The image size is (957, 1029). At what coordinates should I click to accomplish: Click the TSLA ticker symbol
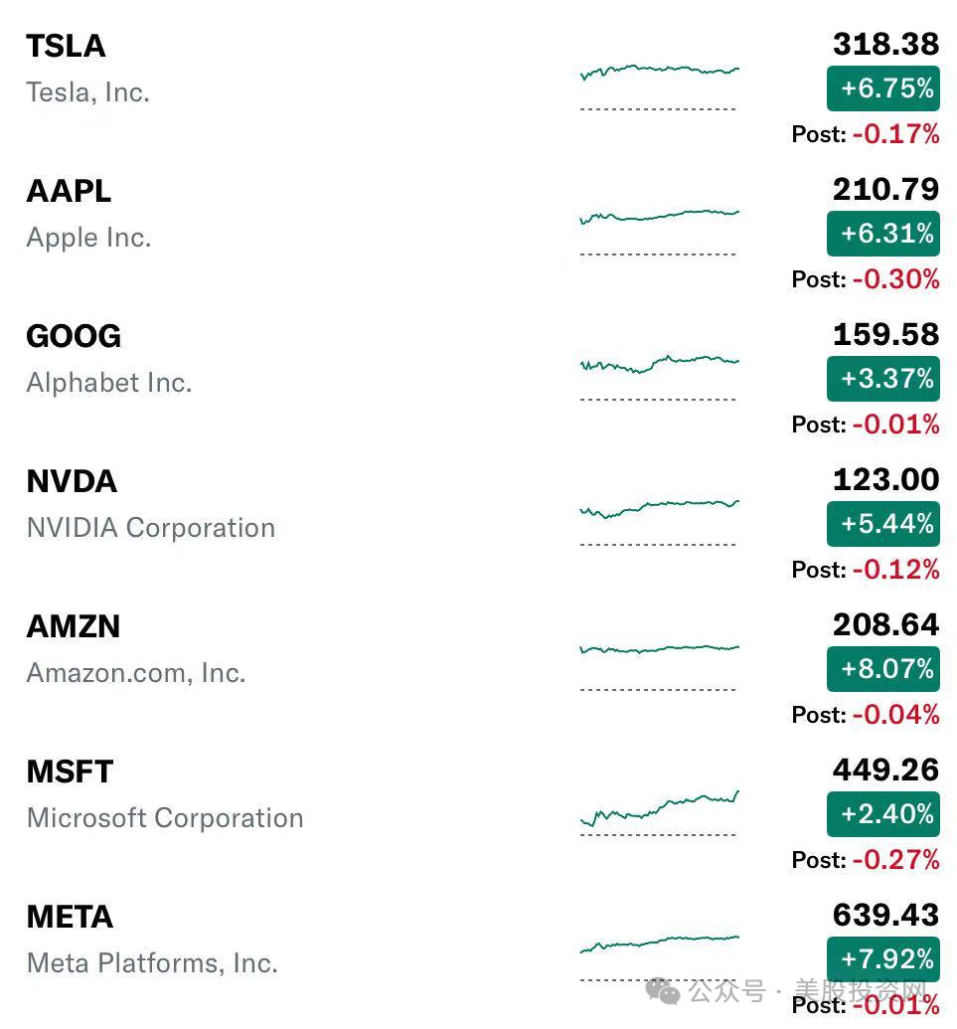click(x=66, y=46)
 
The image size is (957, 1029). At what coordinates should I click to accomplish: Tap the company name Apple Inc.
click(x=88, y=238)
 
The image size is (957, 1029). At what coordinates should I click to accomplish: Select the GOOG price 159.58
click(x=885, y=334)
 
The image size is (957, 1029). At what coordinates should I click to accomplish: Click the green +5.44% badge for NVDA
click(x=883, y=523)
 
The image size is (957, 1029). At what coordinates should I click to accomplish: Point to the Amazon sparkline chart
click(x=659, y=650)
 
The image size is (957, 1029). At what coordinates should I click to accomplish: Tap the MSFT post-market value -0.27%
click(x=895, y=859)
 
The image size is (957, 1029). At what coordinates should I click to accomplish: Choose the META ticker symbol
click(x=70, y=917)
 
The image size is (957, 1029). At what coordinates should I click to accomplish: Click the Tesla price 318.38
click(x=885, y=44)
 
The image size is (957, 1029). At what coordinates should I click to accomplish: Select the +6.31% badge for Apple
click(x=883, y=234)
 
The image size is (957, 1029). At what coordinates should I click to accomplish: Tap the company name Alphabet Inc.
click(x=109, y=383)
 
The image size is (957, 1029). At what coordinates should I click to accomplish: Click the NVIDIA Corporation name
click(x=151, y=528)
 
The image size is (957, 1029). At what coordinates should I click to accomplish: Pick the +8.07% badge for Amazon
click(x=883, y=668)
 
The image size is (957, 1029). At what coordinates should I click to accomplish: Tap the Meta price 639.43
click(x=885, y=915)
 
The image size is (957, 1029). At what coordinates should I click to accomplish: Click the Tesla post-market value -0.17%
click(x=895, y=133)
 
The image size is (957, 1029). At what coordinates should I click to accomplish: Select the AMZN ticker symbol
click(x=74, y=626)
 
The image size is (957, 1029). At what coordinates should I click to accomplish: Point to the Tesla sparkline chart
click(x=659, y=71)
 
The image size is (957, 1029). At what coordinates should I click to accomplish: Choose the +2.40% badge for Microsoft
click(x=883, y=813)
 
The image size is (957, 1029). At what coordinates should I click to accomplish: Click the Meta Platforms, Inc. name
click(x=152, y=962)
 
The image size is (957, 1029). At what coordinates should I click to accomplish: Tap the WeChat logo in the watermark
click(x=663, y=990)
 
